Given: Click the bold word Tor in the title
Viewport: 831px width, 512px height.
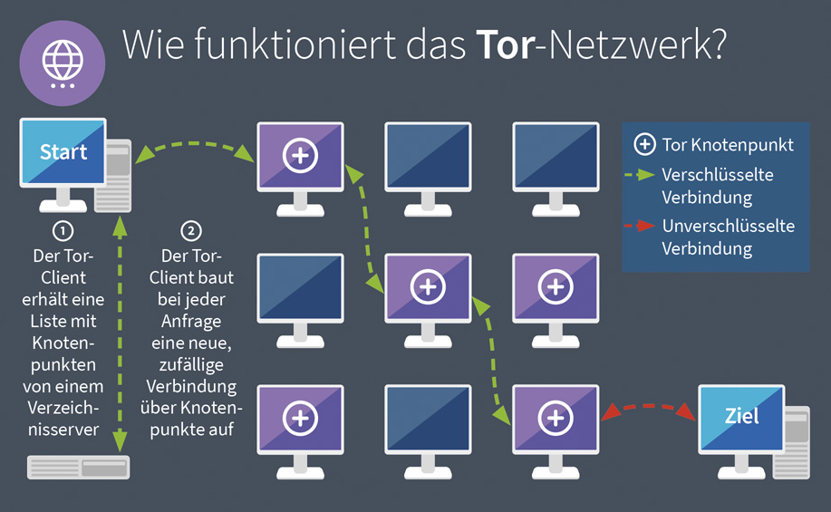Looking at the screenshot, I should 506,44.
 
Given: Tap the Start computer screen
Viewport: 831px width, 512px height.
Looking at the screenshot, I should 63,151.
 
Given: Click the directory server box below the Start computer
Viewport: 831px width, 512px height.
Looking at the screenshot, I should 79,467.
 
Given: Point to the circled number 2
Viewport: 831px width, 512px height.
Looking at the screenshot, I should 191,230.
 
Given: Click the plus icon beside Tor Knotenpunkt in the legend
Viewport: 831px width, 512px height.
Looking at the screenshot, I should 644,145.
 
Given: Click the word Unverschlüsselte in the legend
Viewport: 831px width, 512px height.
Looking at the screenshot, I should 728,226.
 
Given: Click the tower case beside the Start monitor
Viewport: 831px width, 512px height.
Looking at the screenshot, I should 117,175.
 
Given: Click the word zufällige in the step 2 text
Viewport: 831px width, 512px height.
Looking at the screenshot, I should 192,366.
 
